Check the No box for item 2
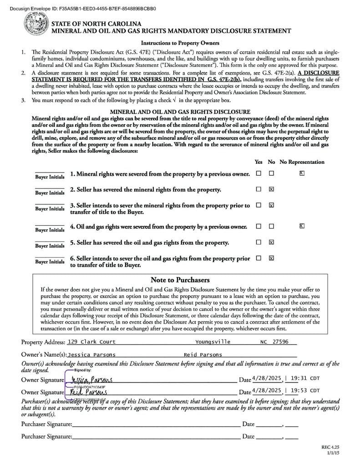point(271,189)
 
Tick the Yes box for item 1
point(259,173)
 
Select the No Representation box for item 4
point(302,226)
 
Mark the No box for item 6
point(271,258)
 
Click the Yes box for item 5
point(259,242)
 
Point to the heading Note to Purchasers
point(180,280)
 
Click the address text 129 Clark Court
point(91,342)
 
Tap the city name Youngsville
point(213,342)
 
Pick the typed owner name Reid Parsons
point(203,355)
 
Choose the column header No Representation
point(302,162)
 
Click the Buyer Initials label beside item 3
point(50,209)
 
